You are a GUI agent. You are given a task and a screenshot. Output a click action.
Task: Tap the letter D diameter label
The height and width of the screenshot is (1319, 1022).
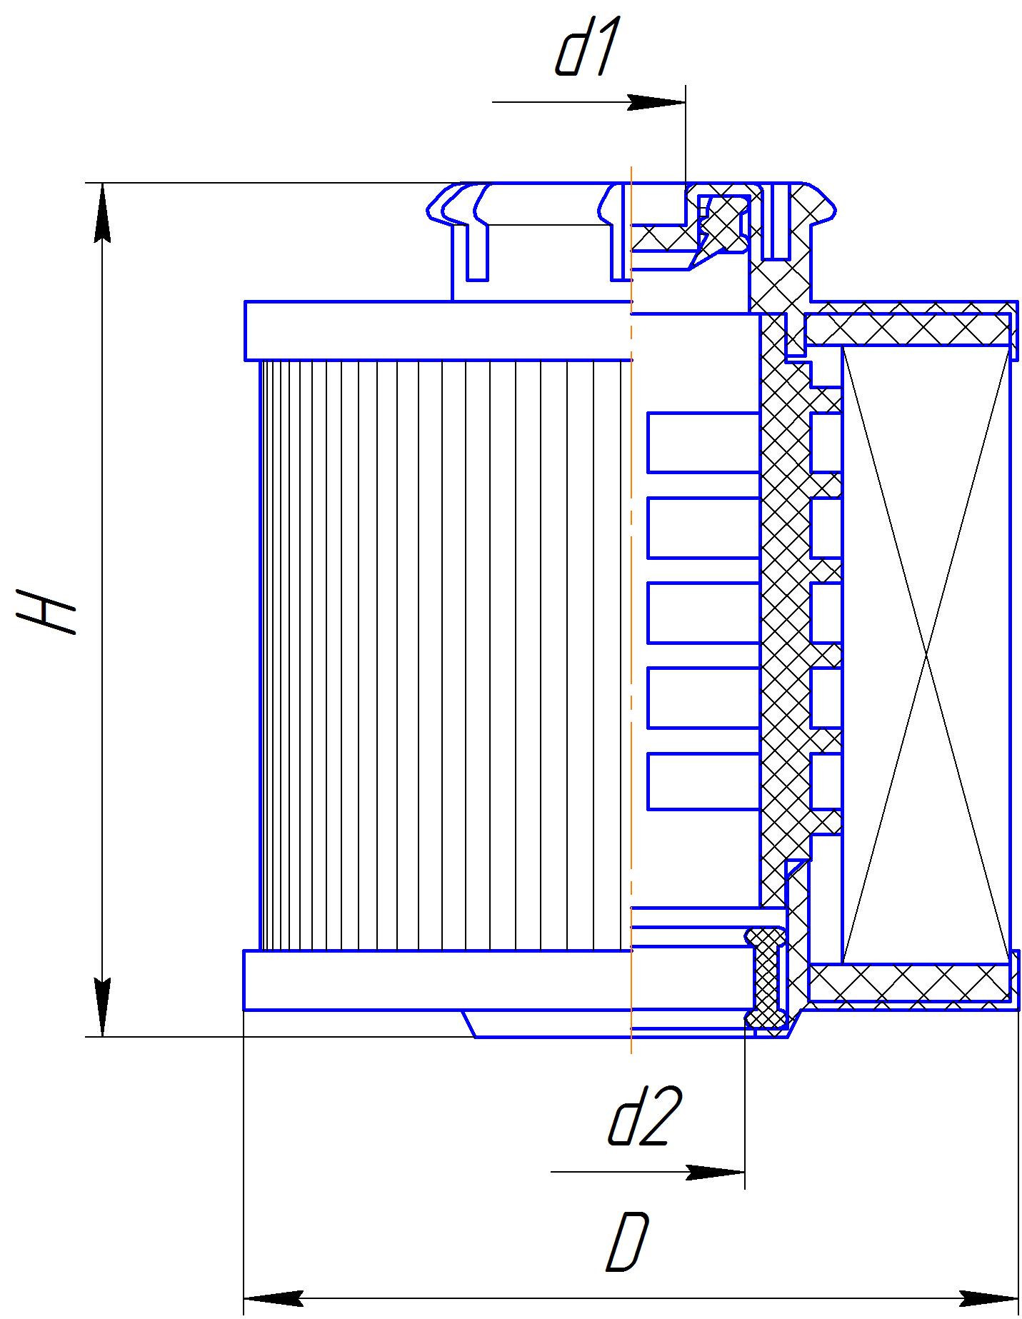pyautogui.click(x=628, y=1242)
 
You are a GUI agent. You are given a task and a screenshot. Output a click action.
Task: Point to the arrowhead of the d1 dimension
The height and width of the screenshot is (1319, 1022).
pyautogui.click(x=656, y=102)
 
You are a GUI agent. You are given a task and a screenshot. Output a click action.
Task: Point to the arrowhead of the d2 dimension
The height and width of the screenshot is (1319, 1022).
pyautogui.click(x=716, y=1173)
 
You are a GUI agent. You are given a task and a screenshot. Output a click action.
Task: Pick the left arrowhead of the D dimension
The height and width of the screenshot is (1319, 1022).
pyautogui.click(x=274, y=1297)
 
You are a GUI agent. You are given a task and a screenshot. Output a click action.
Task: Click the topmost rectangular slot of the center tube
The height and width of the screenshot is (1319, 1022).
pyautogui.click(x=703, y=442)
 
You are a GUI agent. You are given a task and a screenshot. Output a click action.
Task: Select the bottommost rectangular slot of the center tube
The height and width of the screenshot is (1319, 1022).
pyautogui.click(x=703, y=781)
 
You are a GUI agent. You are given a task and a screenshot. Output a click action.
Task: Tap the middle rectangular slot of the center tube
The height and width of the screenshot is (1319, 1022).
pyautogui.click(x=703, y=613)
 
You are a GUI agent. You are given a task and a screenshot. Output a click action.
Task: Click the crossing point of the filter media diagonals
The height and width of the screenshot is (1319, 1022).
pyautogui.click(x=926, y=655)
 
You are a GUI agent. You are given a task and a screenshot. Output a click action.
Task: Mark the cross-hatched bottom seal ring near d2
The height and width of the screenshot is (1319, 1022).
pyautogui.click(x=766, y=978)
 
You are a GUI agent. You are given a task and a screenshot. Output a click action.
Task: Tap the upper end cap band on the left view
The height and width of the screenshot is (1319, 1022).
pyautogui.click(x=438, y=331)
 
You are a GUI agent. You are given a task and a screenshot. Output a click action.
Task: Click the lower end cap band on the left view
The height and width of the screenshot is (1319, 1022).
pyautogui.click(x=438, y=980)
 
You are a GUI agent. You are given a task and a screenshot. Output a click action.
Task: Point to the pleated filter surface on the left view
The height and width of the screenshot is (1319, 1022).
pyautogui.click(x=445, y=655)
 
